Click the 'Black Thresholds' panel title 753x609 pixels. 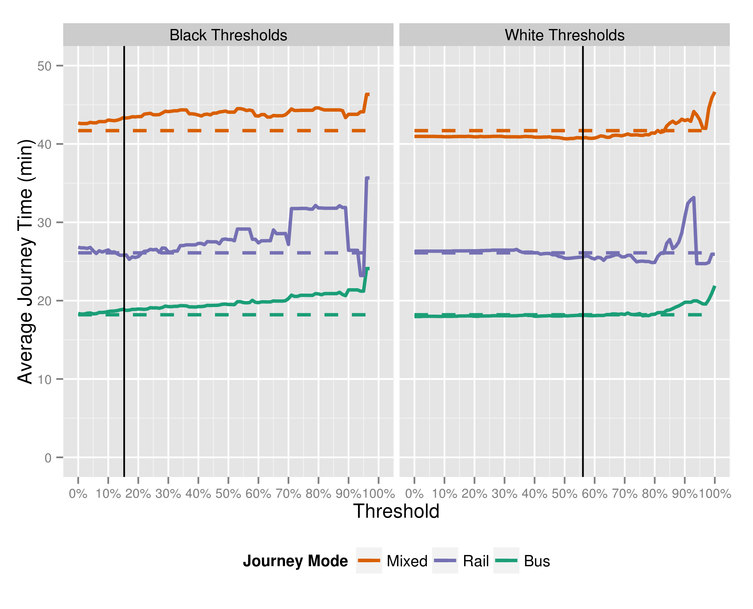[228, 35]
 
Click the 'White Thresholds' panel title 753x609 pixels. [564, 35]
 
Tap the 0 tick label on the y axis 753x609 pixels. [48, 458]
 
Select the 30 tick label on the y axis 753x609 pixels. [45, 223]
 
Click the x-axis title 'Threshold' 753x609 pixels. [396, 511]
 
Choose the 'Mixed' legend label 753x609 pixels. [407, 561]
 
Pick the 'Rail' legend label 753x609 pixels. [476, 561]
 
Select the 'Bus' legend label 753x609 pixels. [537, 561]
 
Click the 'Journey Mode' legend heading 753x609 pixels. [295, 561]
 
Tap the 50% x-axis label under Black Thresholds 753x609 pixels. [228, 494]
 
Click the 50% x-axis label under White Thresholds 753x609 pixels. [564, 494]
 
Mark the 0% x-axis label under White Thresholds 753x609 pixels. [415, 494]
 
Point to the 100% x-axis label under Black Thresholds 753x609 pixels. [378, 494]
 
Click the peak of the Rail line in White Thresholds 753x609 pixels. [693, 198]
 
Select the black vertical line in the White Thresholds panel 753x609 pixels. [583, 362]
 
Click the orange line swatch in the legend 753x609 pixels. [369, 560]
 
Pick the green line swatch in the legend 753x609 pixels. [506, 560]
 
